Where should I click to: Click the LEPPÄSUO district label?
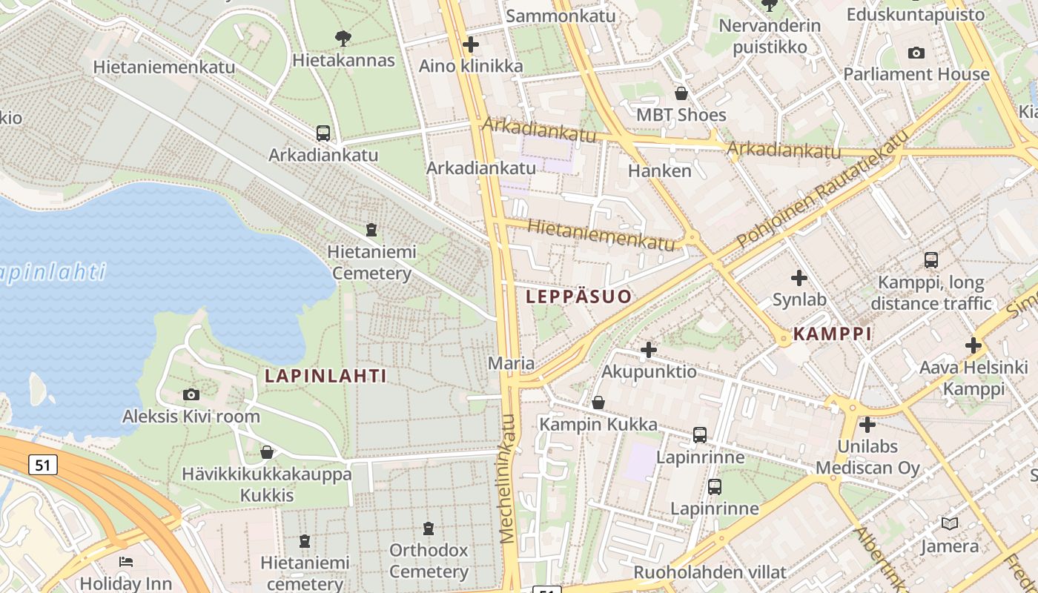pyautogui.click(x=578, y=297)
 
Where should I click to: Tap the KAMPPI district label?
pyautogui.click(x=832, y=334)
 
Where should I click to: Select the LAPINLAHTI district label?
pyautogui.click(x=325, y=376)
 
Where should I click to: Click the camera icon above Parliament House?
pyautogui.click(x=916, y=53)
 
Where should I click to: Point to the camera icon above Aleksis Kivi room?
pyautogui.click(x=191, y=394)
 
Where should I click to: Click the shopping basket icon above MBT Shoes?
pyautogui.click(x=681, y=93)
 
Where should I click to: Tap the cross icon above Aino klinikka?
pyautogui.click(x=471, y=44)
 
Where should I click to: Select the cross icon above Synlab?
pyautogui.click(x=799, y=278)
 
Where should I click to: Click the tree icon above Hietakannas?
pyautogui.click(x=343, y=38)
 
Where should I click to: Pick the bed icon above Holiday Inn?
pyautogui.click(x=125, y=561)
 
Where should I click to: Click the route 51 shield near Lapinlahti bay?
pyautogui.click(x=43, y=465)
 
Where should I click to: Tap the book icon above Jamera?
pyautogui.click(x=949, y=524)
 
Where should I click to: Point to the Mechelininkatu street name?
pyautogui.click(x=508, y=478)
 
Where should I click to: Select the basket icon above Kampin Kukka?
pyautogui.click(x=598, y=402)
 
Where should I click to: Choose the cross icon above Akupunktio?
pyautogui.click(x=649, y=349)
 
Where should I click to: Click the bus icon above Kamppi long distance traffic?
pyautogui.click(x=930, y=260)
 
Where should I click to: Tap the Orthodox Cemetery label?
pyautogui.click(x=429, y=561)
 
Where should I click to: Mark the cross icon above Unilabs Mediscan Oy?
pyautogui.click(x=867, y=425)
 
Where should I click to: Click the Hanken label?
pyautogui.click(x=659, y=170)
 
